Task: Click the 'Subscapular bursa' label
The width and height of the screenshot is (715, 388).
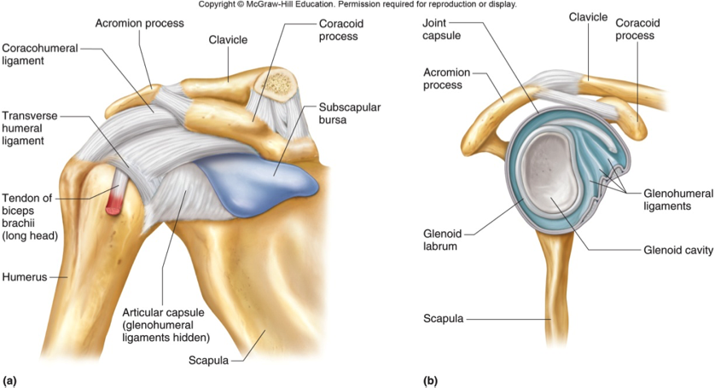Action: pyautogui.click(x=349, y=116)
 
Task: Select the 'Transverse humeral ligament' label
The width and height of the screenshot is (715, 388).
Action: pyautogui.click(x=32, y=128)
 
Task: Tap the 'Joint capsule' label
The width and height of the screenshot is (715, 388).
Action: pyautogui.click(x=442, y=32)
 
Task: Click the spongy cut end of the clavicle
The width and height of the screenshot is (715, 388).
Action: pyautogui.click(x=277, y=83)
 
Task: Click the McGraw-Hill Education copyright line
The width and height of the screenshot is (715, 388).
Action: pyautogui.click(x=357, y=5)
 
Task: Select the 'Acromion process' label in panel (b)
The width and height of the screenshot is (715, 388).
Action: pyautogui.click(x=447, y=79)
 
